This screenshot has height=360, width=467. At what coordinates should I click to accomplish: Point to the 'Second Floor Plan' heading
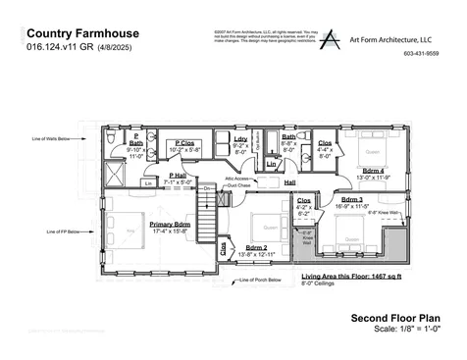(x=394, y=319)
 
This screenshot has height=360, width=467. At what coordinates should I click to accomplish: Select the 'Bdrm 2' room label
(x=257, y=247)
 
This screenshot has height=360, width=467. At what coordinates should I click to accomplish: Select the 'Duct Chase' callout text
(x=238, y=184)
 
